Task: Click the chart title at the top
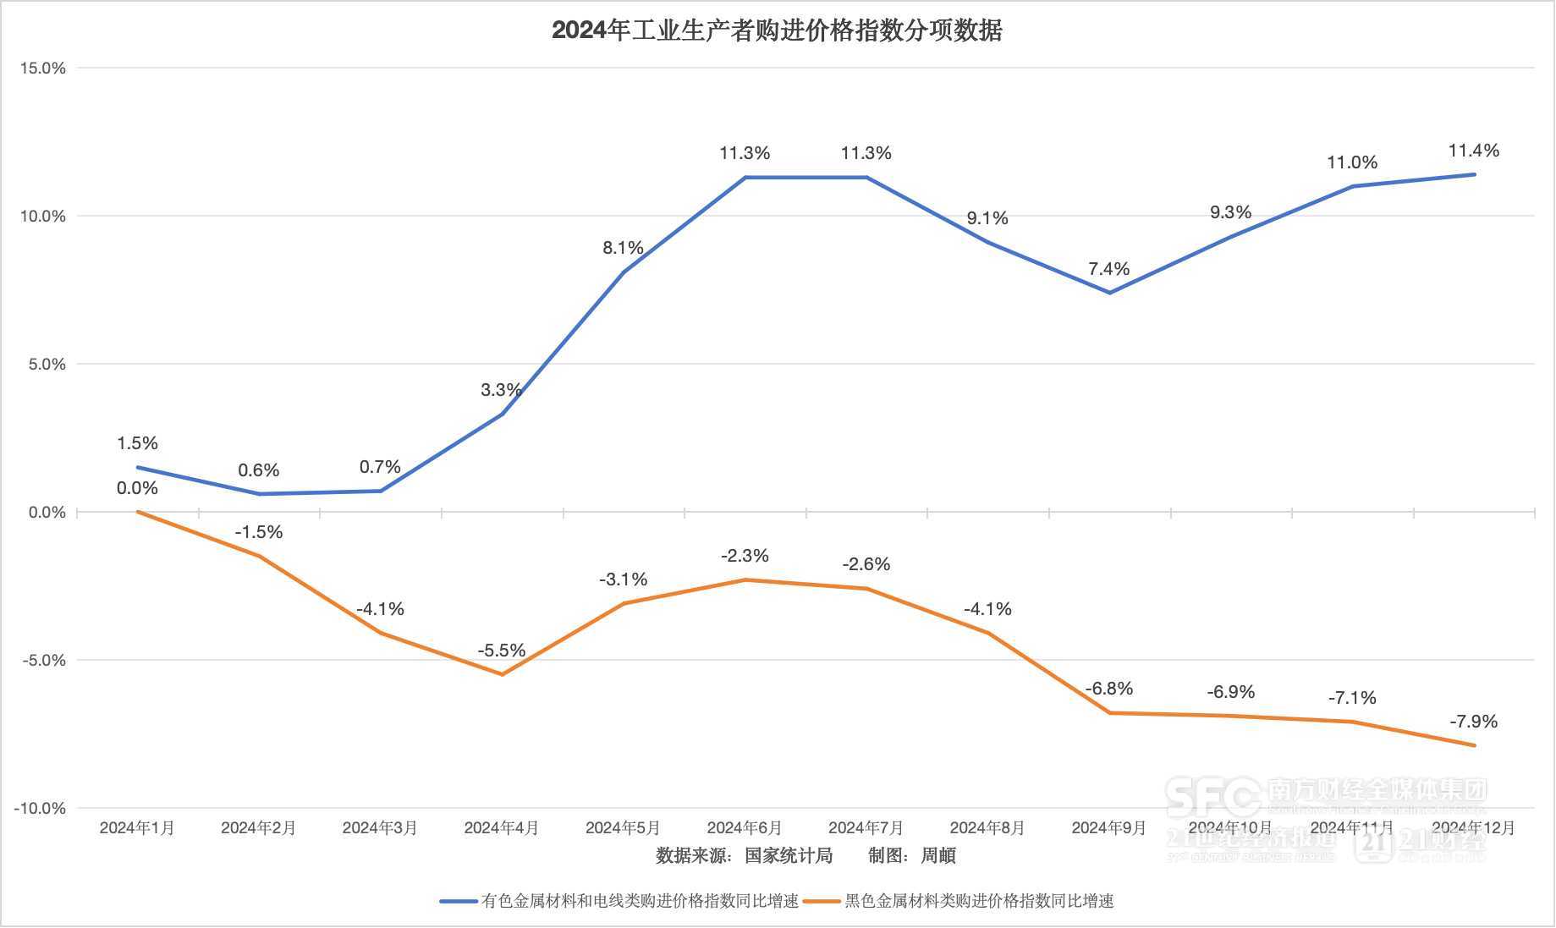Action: [777, 30]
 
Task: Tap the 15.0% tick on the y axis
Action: [43, 69]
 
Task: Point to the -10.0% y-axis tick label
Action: [40, 809]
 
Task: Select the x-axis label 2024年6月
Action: [745, 827]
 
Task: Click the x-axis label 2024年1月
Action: [137, 827]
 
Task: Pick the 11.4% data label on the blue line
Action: [1474, 151]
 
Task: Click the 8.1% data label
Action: [623, 248]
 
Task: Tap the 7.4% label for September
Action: [1108, 269]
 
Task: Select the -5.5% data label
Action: [502, 651]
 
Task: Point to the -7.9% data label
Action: [1474, 722]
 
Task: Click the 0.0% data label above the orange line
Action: [137, 488]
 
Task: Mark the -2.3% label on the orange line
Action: [745, 556]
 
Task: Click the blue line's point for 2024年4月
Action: [502, 414]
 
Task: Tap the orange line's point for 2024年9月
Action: [1109, 713]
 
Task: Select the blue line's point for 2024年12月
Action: [1474, 174]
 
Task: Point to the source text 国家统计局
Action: [789, 855]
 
